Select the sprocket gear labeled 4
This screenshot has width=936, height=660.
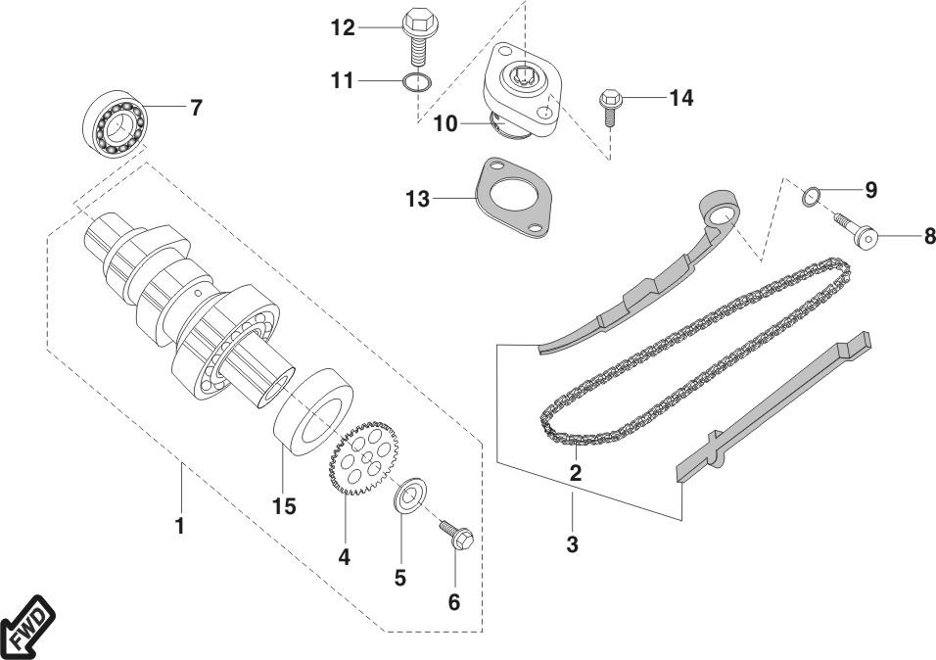[364, 454]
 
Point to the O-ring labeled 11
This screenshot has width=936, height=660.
[416, 82]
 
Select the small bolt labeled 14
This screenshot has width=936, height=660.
[608, 107]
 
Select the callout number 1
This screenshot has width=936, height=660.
[179, 526]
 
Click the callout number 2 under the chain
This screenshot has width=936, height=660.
[576, 472]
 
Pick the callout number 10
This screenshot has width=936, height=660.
[445, 123]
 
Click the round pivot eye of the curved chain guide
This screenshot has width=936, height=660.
[723, 213]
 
